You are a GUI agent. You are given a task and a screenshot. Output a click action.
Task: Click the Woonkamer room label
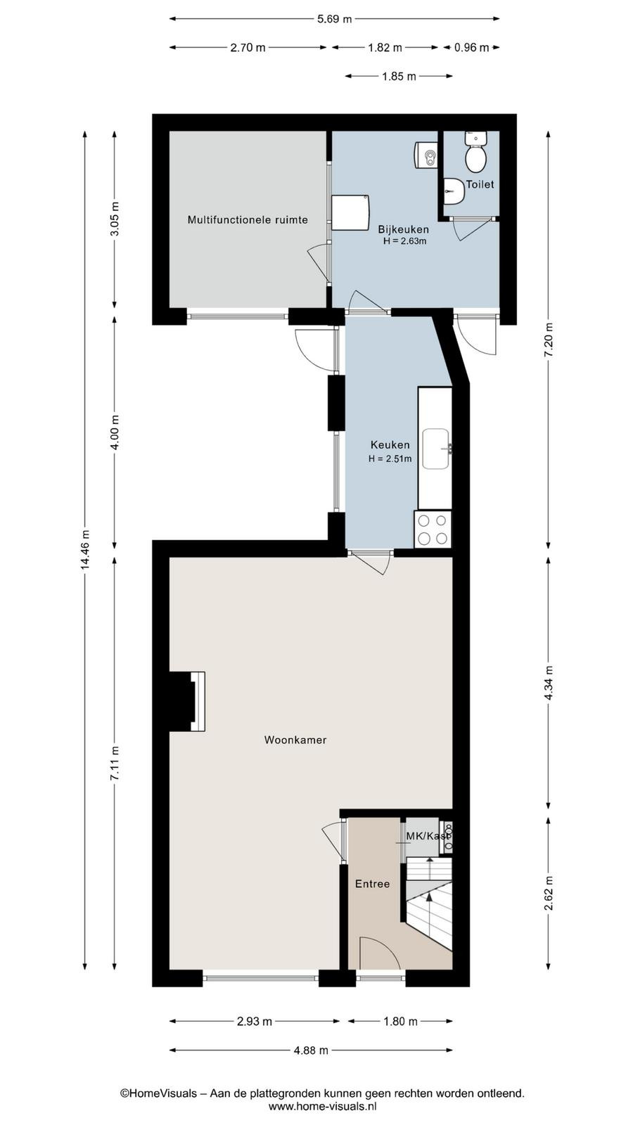(295, 740)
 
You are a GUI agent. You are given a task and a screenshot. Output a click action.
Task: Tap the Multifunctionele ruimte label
(248, 220)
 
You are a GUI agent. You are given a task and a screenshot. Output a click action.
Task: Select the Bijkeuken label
(404, 229)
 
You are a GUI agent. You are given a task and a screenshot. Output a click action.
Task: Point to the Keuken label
(390, 444)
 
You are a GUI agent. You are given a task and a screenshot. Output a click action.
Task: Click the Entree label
(372, 884)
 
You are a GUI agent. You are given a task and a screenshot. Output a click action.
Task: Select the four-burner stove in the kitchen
(433, 529)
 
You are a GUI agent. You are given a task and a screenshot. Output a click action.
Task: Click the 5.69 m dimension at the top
(334, 19)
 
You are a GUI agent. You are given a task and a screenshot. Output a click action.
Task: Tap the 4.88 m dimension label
(311, 1050)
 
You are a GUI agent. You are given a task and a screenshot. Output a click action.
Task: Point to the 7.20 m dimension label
(549, 340)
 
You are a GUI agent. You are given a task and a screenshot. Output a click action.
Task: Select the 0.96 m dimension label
(471, 48)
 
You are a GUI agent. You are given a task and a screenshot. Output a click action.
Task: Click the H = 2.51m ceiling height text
(390, 458)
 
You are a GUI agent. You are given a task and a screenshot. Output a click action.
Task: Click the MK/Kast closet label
(428, 836)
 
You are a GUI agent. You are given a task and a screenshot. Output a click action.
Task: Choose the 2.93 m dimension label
(255, 1022)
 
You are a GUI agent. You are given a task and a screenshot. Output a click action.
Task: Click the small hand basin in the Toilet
(454, 191)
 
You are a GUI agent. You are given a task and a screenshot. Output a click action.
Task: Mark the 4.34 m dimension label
(549, 683)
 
